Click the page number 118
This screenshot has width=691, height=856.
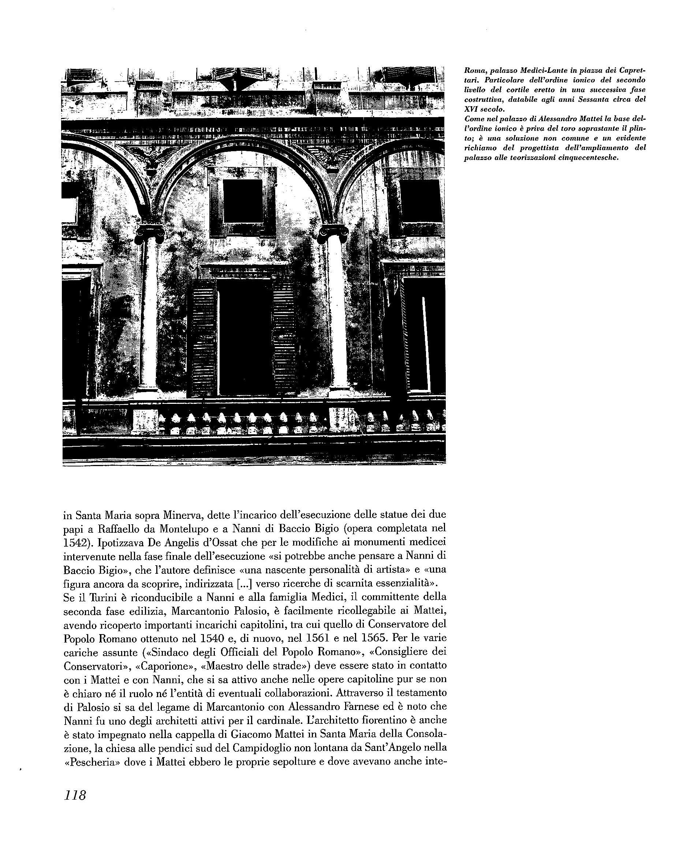click(74, 806)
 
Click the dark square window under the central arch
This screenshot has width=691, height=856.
click(242, 201)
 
